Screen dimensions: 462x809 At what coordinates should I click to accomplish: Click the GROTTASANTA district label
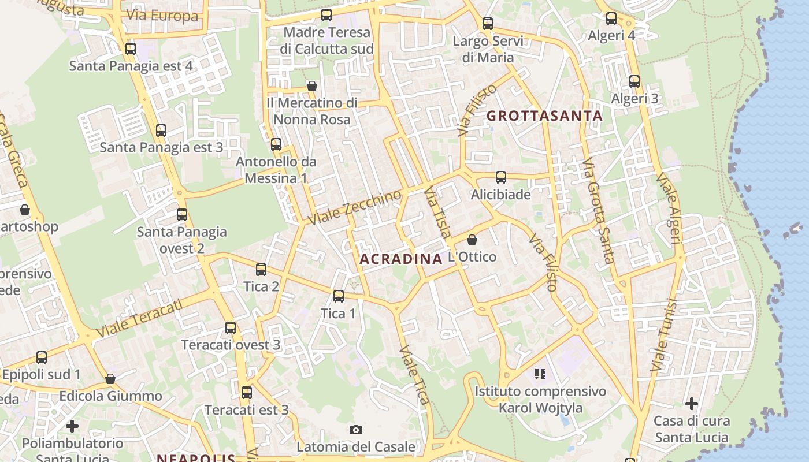click(544, 115)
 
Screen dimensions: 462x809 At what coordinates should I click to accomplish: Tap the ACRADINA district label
click(400, 259)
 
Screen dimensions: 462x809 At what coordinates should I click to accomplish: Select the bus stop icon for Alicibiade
click(500, 177)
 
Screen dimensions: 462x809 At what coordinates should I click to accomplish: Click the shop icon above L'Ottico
click(472, 239)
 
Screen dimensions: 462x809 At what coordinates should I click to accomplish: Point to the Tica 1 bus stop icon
click(339, 296)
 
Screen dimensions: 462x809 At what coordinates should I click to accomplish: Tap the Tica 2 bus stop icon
click(261, 270)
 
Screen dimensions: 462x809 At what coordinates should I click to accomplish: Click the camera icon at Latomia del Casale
click(356, 430)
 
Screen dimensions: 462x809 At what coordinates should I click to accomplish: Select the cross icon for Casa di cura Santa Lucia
click(692, 403)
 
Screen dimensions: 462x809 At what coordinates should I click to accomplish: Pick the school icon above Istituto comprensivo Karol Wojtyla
click(540, 374)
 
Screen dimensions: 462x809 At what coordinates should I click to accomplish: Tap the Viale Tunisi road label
click(663, 335)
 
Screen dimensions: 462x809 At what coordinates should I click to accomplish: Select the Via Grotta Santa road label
click(598, 211)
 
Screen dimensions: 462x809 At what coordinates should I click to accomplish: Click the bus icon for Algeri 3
click(634, 81)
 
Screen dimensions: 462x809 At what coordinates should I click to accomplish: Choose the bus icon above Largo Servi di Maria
click(488, 24)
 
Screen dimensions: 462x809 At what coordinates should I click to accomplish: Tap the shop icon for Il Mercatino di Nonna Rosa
click(312, 86)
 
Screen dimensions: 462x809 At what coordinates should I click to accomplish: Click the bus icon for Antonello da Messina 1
click(276, 144)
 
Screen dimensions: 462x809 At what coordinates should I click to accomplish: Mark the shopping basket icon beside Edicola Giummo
click(110, 379)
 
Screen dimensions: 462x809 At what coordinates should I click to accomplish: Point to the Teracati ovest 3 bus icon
click(231, 328)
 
